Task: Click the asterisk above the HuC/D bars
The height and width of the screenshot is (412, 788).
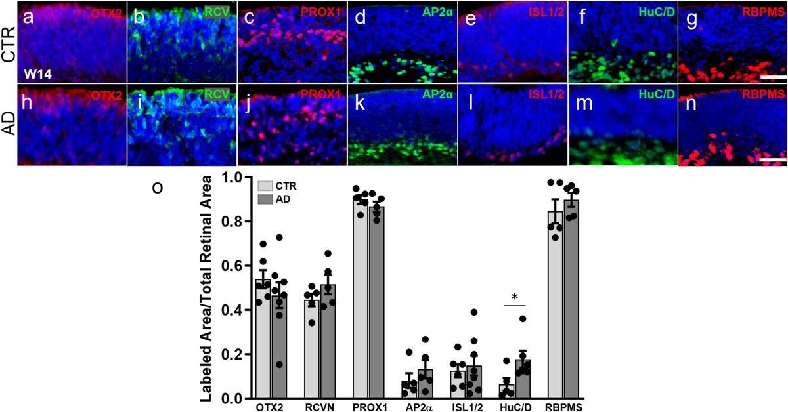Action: coord(515,297)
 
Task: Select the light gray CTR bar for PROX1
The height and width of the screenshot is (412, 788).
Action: coord(361,299)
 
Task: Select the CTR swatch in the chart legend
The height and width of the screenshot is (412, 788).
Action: coord(266,186)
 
